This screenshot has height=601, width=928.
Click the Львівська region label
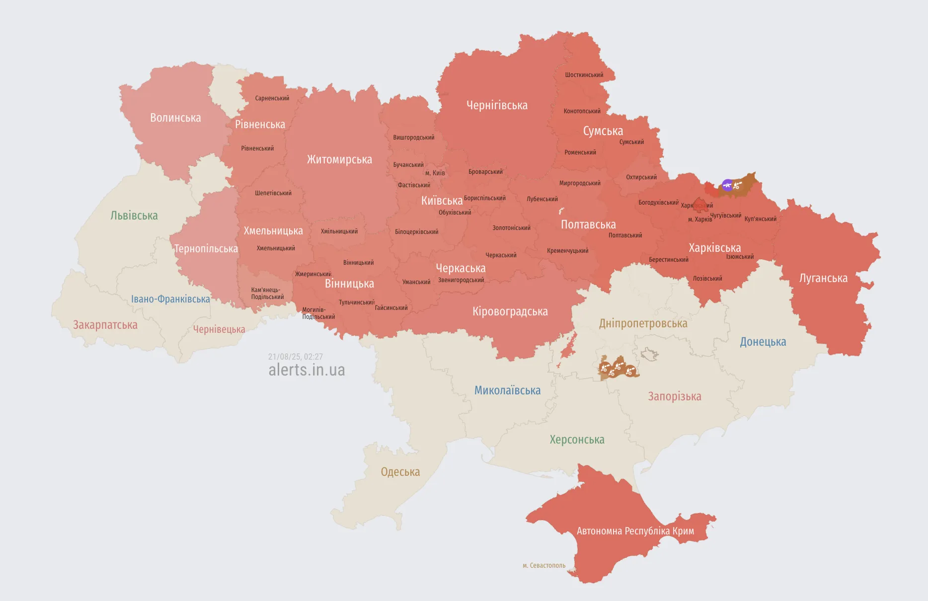(x=134, y=216)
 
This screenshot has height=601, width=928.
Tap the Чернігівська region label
(x=497, y=105)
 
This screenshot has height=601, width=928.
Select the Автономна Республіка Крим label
(x=635, y=531)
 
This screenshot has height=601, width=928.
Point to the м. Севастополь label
(x=543, y=565)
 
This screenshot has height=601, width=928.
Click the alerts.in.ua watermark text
(x=307, y=370)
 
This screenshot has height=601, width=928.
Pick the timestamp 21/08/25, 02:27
(x=295, y=357)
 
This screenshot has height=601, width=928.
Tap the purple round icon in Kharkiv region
(x=727, y=185)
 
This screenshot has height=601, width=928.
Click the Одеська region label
(x=400, y=472)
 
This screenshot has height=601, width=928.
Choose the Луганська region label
(x=823, y=278)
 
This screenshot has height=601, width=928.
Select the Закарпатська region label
(x=105, y=325)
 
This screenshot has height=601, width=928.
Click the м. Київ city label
(x=435, y=173)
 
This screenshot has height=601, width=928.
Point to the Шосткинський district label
(x=584, y=75)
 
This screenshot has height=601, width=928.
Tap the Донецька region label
(x=763, y=342)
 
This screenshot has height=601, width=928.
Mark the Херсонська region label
(x=577, y=440)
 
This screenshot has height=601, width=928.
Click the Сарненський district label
(x=272, y=98)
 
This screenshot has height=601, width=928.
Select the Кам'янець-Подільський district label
(x=267, y=294)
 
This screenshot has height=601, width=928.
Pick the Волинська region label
(x=175, y=118)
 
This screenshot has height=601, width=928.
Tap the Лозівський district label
(x=707, y=279)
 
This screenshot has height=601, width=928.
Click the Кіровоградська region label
(x=510, y=311)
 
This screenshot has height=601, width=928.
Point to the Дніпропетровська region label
(x=643, y=323)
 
